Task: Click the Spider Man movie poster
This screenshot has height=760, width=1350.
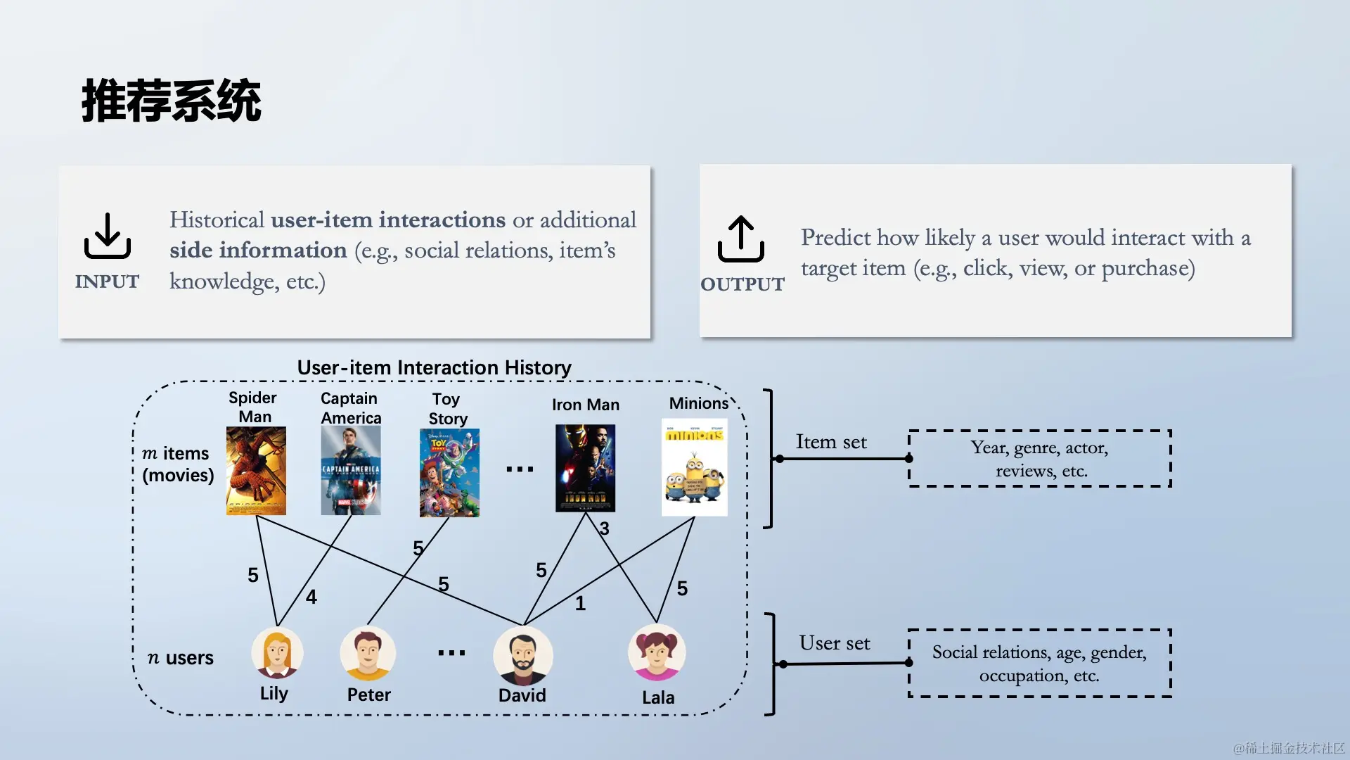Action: pyautogui.click(x=256, y=471)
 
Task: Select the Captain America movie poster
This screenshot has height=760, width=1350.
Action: pyautogui.click(x=351, y=471)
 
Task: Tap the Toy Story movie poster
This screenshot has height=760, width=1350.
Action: pyautogui.click(x=449, y=473)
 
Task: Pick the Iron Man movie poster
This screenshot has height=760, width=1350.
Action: pyautogui.click(x=585, y=468)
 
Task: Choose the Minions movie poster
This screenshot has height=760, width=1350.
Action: pyautogui.click(x=695, y=468)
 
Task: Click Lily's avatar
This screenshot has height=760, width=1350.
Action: pyautogui.click(x=277, y=652)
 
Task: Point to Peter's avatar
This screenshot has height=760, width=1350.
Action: pyautogui.click(x=368, y=653)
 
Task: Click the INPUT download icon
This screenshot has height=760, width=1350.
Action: pyautogui.click(x=108, y=236)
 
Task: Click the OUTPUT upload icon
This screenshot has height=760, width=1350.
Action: pyautogui.click(x=741, y=239)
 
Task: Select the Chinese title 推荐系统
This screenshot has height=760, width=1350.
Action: pyautogui.click(x=172, y=101)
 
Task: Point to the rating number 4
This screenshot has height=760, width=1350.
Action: pyautogui.click(x=311, y=597)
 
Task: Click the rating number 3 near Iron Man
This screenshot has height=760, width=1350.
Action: pyautogui.click(x=604, y=528)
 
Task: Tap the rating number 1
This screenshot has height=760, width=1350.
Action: pyautogui.click(x=580, y=604)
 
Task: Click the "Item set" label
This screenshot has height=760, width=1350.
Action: pyautogui.click(x=831, y=442)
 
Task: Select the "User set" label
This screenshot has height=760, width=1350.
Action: pyautogui.click(x=835, y=643)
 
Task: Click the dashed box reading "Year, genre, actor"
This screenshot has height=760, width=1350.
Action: pyautogui.click(x=1040, y=459)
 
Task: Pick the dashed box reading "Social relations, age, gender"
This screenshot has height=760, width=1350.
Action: pyautogui.click(x=1040, y=664)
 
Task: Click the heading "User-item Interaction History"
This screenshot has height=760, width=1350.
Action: pyautogui.click(x=434, y=367)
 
